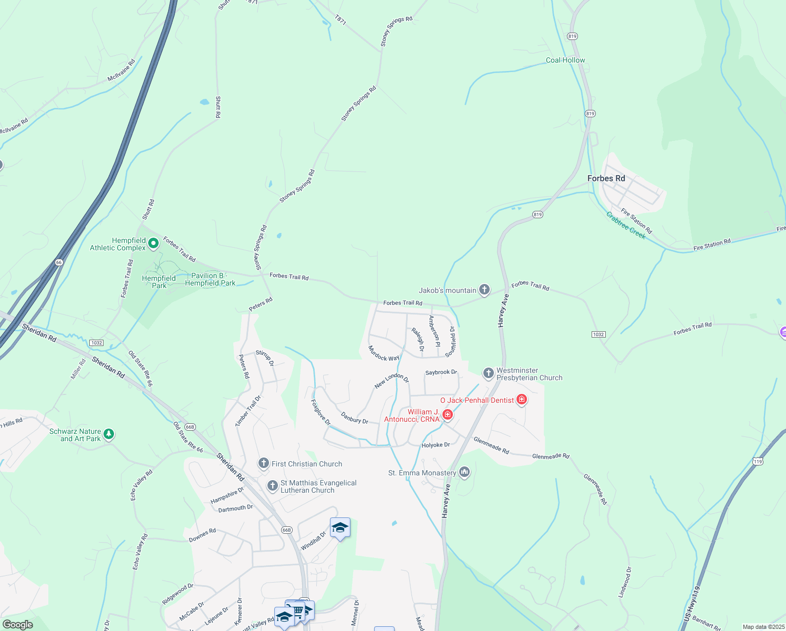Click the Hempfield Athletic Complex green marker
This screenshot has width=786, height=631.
(153, 243)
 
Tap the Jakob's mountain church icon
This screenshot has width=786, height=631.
(484, 290)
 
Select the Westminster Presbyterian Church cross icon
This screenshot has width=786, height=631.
(489, 373)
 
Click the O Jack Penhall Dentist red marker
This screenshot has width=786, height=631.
(522, 400)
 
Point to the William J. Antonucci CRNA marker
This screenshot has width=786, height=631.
(448, 415)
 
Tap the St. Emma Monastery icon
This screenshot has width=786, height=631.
(464, 472)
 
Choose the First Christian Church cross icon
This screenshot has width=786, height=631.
(264, 463)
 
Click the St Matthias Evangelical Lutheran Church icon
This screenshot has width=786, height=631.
(273, 486)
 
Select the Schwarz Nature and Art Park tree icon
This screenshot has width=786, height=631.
(109, 434)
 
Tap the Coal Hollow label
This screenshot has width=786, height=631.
(565, 60)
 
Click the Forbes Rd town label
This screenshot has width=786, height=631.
(606, 178)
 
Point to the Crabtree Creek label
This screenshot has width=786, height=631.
(626, 225)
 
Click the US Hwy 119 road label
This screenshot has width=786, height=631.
(693, 604)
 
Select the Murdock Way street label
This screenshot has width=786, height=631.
(384, 354)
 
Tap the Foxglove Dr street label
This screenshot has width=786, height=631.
(320, 412)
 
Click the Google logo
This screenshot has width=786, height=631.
(18, 625)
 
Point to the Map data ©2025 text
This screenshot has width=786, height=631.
(763, 627)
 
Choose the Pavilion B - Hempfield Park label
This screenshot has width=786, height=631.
(210, 279)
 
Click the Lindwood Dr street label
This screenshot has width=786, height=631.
(625, 582)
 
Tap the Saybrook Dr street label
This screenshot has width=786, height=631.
(441, 372)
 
